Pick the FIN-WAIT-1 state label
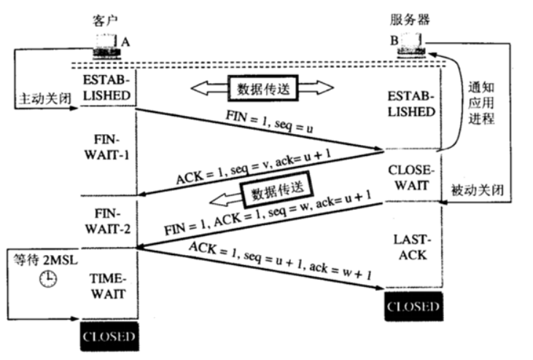[109, 147]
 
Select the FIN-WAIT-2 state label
[109, 221]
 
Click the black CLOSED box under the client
[109, 337]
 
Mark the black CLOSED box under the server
[413, 306]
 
